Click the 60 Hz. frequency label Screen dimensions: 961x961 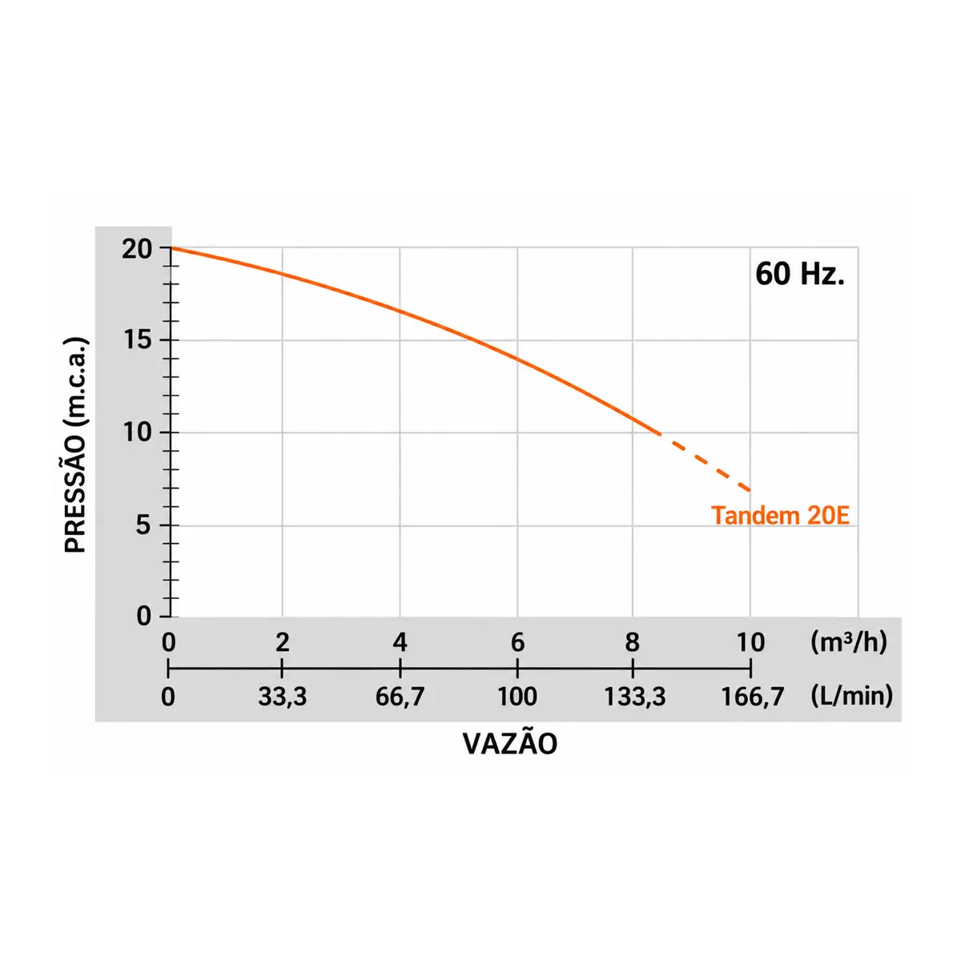(799, 275)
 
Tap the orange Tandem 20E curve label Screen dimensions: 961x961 (780, 515)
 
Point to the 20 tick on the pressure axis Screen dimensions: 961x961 (137, 249)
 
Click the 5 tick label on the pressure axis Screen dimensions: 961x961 (143, 525)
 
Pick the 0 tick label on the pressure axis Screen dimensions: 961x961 (143, 617)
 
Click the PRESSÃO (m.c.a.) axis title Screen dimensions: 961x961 (76, 444)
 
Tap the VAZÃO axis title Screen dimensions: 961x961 (509, 744)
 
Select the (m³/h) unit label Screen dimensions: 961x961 (849, 642)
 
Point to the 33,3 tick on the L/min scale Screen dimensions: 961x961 (282, 697)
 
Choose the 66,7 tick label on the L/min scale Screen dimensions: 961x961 (400, 697)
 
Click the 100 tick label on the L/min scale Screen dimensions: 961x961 (517, 696)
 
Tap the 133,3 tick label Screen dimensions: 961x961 (635, 697)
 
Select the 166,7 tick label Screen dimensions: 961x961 (753, 697)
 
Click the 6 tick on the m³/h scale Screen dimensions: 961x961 (517, 642)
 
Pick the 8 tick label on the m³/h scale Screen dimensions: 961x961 (633, 642)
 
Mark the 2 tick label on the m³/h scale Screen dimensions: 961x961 (282, 642)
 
